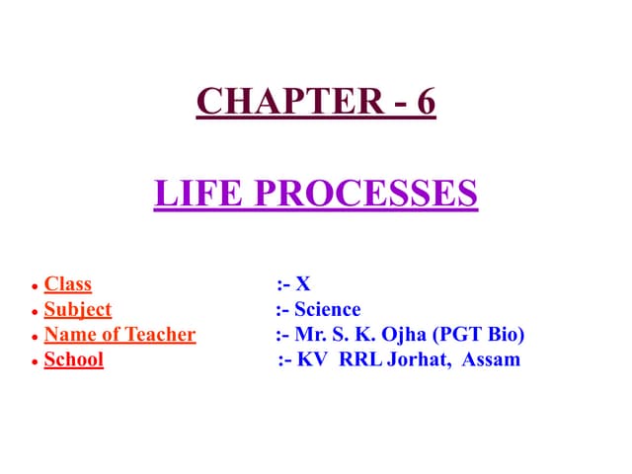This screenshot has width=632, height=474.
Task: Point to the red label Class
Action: (x=68, y=284)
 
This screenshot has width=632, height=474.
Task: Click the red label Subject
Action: (x=78, y=309)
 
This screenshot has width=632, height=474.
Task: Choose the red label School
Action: (x=74, y=359)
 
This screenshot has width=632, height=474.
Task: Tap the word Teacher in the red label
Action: (x=158, y=335)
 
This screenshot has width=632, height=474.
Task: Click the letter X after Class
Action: (x=303, y=284)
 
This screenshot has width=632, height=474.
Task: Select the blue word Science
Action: (x=328, y=309)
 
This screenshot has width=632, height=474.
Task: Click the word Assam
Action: (x=491, y=359)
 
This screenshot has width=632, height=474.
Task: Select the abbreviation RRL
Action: (x=361, y=359)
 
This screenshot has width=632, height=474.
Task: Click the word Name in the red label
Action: (x=68, y=335)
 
